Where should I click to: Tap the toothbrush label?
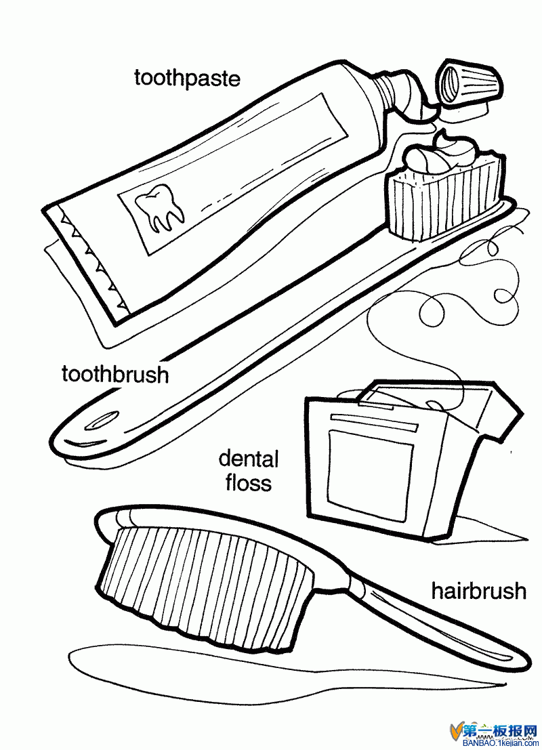point(115,375)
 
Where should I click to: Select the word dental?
point(248,459)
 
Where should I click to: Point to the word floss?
point(249,482)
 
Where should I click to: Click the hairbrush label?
point(479,591)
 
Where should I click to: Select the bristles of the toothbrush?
point(444,198)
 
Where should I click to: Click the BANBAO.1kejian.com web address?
point(501,745)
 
